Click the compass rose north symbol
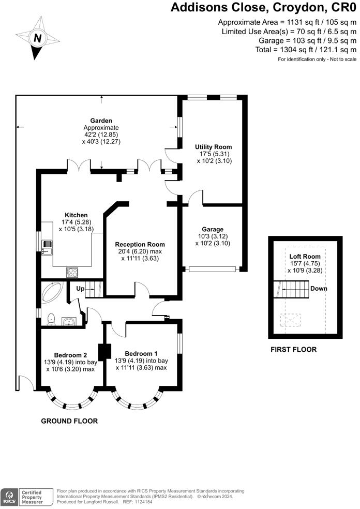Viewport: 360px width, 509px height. tap(38, 38)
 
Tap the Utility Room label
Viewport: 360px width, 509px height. tap(213, 147)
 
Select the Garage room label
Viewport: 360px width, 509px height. tap(213, 229)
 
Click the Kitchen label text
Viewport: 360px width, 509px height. tap(76, 215)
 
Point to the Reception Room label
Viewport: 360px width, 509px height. tap(140, 244)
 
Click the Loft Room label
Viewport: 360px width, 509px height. tap(305, 256)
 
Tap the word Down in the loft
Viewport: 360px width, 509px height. tap(319, 288)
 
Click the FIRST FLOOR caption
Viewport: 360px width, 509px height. tap(293, 350)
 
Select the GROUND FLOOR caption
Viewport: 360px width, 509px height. tap(69, 421)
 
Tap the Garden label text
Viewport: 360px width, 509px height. tap(101, 121)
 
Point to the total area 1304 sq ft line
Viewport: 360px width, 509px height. tap(306, 50)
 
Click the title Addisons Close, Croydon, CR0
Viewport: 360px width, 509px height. tap(263, 8)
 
